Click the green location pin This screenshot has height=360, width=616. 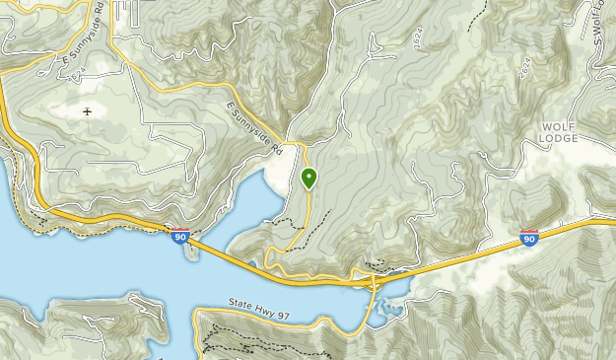tap(308, 179)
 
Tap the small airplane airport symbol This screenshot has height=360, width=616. tap(88, 110)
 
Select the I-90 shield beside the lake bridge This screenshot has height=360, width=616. tap(179, 237)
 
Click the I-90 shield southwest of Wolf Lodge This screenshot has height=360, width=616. tap(529, 238)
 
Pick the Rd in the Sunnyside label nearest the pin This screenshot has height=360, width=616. tap(277, 149)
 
